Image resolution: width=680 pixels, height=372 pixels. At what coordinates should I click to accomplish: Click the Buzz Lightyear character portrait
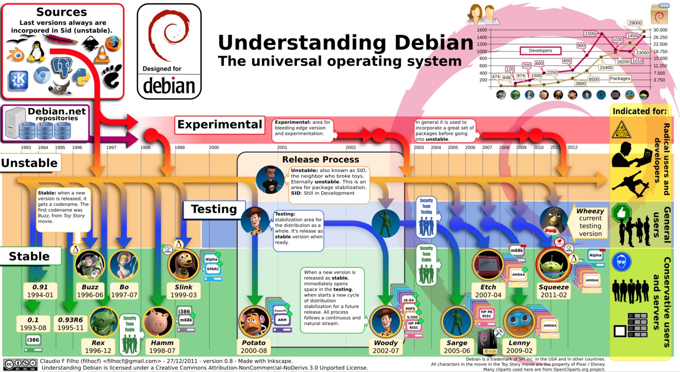tap(90, 264)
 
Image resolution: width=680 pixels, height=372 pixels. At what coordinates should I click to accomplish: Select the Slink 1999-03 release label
tap(184, 291)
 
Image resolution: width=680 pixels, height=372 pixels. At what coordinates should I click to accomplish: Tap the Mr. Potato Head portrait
tap(254, 321)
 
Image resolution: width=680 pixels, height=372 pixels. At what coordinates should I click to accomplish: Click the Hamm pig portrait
tap(158, 322)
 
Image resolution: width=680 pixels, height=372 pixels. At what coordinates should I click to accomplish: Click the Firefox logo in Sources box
tap(113, 44)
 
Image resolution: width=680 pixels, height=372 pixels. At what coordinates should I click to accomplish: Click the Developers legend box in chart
tap(540, 50)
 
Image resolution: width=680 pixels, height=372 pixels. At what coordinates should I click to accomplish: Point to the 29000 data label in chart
tap(634, 23)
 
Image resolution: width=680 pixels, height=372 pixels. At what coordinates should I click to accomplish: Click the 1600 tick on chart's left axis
tap(481, 30)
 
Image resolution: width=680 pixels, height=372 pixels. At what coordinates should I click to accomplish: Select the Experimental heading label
tap(219, 125)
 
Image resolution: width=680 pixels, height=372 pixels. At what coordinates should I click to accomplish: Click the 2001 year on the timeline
tap(282, 148)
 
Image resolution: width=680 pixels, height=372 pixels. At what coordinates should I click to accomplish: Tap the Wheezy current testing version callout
tap(589, 222)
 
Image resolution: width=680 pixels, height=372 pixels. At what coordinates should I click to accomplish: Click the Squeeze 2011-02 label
tap(553, 291)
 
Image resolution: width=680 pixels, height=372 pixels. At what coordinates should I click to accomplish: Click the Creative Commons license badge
tap(20, 364)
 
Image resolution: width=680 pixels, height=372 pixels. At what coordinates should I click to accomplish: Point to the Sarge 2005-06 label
tap(456, 347)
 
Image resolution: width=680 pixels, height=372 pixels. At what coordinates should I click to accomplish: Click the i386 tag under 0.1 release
tap(33, 340)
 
